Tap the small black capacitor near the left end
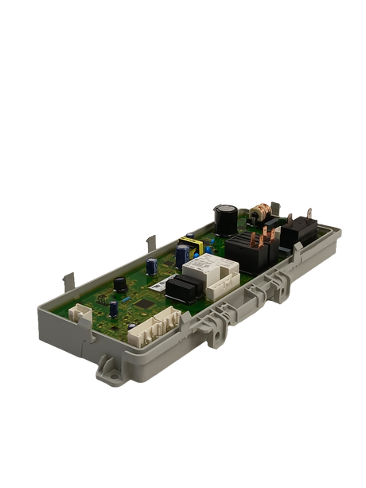coord(119,283)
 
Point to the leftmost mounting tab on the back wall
coord(69,279)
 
